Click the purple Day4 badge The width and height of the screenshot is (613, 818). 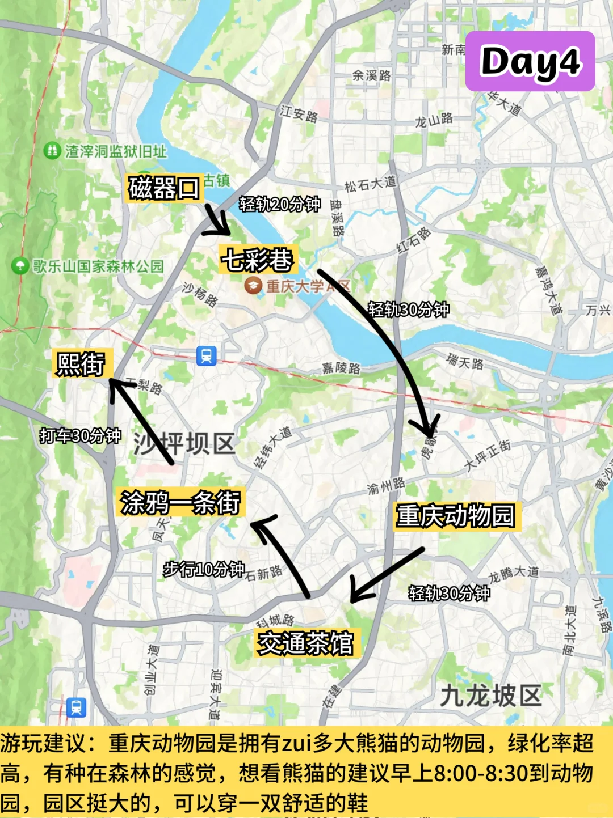(530, 61)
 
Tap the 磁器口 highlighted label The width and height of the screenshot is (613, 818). (164, 188)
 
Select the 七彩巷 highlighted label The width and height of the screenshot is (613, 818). (258, 260)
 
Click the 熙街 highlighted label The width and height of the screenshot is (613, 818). (81, 363)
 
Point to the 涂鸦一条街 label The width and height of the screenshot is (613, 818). (180, 502)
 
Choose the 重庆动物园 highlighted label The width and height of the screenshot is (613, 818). (456, 516)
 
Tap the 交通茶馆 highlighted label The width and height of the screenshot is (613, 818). (305, 643)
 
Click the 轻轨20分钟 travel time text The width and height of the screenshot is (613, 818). (280, 204)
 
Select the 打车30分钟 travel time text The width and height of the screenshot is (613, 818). (81, 435)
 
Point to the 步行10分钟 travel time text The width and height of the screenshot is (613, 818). (204, 569)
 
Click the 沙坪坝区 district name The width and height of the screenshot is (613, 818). (184, 443)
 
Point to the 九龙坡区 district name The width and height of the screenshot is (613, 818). (492, 695)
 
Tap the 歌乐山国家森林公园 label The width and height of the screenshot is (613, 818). (98, 266)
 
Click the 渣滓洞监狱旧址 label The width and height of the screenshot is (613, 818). (115, 151)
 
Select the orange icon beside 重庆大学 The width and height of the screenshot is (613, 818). (253, 285)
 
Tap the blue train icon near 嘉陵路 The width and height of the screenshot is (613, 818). (206, 356)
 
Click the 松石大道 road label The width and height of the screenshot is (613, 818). (370, 184)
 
